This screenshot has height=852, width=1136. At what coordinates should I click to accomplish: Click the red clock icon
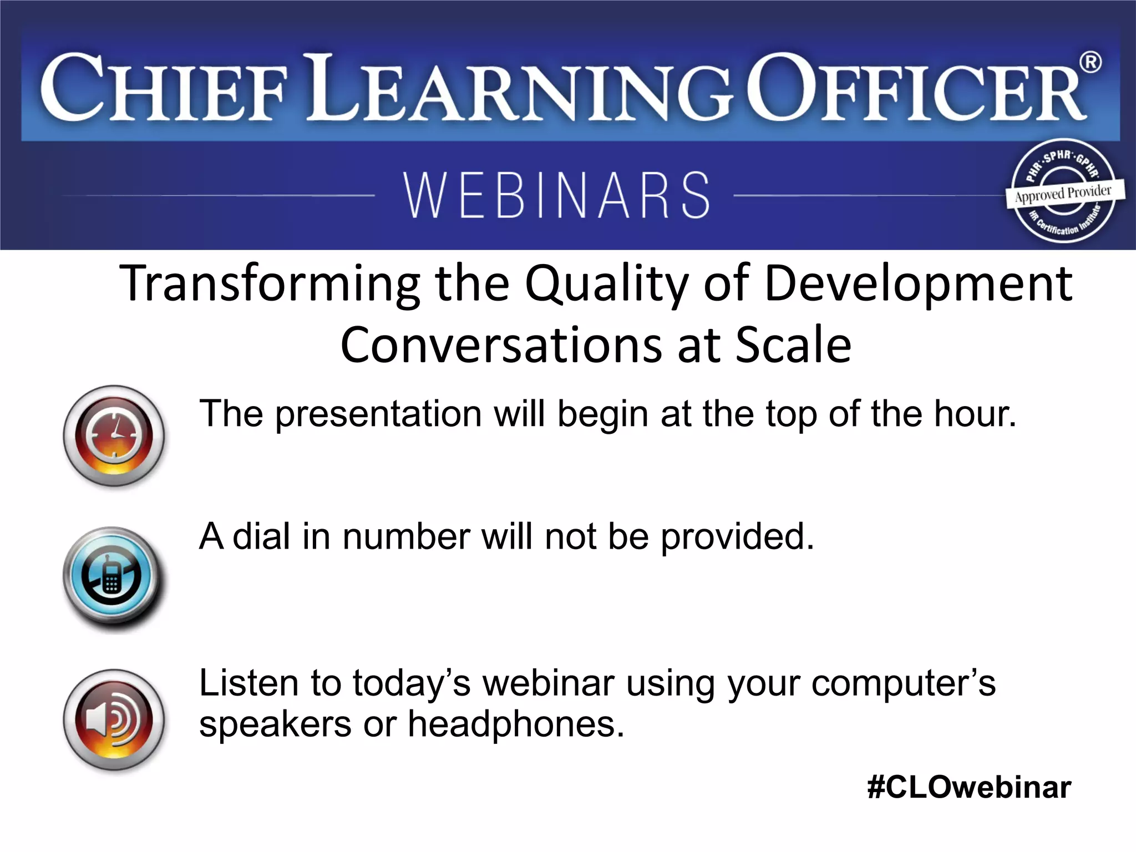tap(114, 435)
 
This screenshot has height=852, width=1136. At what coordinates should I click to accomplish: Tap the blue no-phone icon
tap(114, 577)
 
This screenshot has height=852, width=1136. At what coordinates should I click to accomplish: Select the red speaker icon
tap(114, 719)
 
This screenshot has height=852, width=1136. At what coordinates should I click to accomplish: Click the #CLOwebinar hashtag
tap(969, 787)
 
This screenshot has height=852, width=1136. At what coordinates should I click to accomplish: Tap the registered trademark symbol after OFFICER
tap(1091, 62)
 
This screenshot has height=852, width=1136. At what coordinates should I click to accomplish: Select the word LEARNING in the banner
tap(521, 89)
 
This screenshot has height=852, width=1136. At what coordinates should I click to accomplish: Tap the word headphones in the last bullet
tap(515, 724)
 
